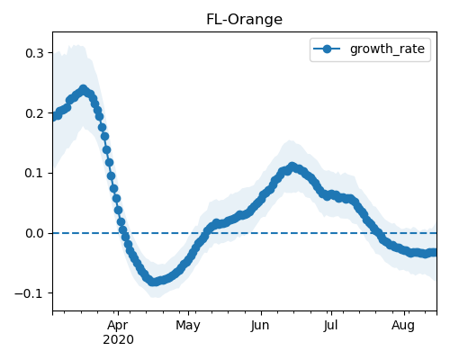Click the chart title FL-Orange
(244, 20)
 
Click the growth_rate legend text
(387, 49)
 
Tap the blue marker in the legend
(327, 49)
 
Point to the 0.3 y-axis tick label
(34, 53)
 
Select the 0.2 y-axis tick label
(34, 113)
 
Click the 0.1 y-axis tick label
(34, 173)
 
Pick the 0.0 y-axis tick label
(34, 233)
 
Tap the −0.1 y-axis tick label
(30, 293)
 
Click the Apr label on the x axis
(118, 325)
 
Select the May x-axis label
(188, 325)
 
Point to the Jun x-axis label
(260, 325)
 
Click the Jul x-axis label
(330, 325)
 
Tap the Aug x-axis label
(403, 325)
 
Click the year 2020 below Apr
(118, 340)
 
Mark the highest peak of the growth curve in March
(84, 89)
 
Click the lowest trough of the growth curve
(153, 282)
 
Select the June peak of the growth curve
(292, 166)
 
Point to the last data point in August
(435, 252)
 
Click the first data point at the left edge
(54, 117)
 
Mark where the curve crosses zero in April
(123, 233)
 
